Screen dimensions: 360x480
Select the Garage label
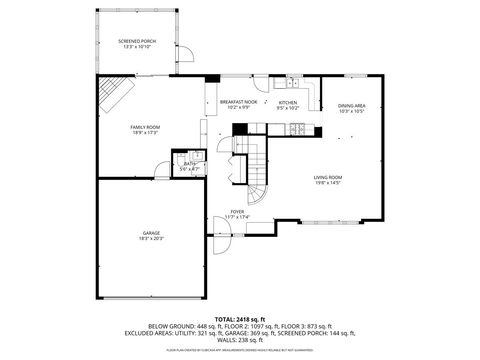(151, 233)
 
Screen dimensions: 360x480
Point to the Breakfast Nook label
(239, 102)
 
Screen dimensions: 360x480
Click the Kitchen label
(288, 102)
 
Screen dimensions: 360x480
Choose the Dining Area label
(351, 106)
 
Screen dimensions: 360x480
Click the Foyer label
(238, 212)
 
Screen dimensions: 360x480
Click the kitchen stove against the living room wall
(297, 129)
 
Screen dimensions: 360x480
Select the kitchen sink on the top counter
(288, 83)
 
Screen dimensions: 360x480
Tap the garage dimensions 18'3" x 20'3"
(151, 239)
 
